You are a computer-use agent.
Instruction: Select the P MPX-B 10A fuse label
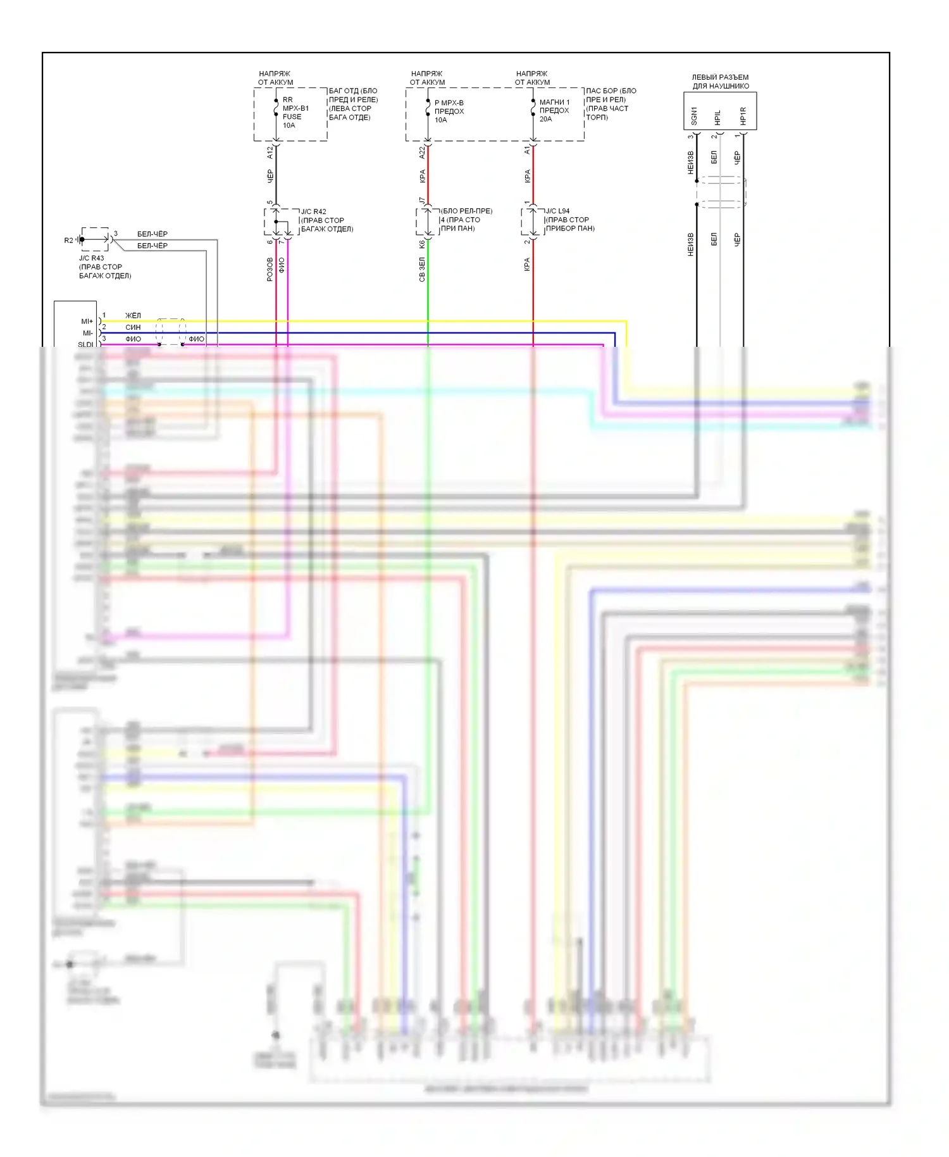pos(449,111)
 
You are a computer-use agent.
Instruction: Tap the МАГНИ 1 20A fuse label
pos(554,110)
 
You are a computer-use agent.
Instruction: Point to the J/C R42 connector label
pos(326,220)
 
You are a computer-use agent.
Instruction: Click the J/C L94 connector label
pos(569,220)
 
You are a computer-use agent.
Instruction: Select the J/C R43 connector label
pos(104,266)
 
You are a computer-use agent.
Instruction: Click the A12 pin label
pos(270,152)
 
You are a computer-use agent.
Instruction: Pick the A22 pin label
pos(422,152)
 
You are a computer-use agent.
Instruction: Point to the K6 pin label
pos(422,244)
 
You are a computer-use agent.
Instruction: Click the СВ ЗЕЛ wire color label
pos(422,269)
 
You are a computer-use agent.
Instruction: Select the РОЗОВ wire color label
pos(270,269)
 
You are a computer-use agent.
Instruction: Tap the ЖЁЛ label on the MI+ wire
pos(133,315)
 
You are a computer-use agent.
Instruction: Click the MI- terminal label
pos(87,333)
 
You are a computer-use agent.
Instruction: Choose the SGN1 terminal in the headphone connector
pos(694,115)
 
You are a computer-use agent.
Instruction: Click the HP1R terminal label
pos(743,115)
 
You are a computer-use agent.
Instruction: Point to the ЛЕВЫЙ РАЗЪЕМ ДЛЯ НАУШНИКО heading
pos(720,82)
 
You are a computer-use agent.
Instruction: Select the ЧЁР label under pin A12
pos(270,176)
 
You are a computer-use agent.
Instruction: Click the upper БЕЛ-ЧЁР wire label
pos(152,234)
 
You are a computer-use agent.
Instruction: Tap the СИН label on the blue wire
pos(133,327)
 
